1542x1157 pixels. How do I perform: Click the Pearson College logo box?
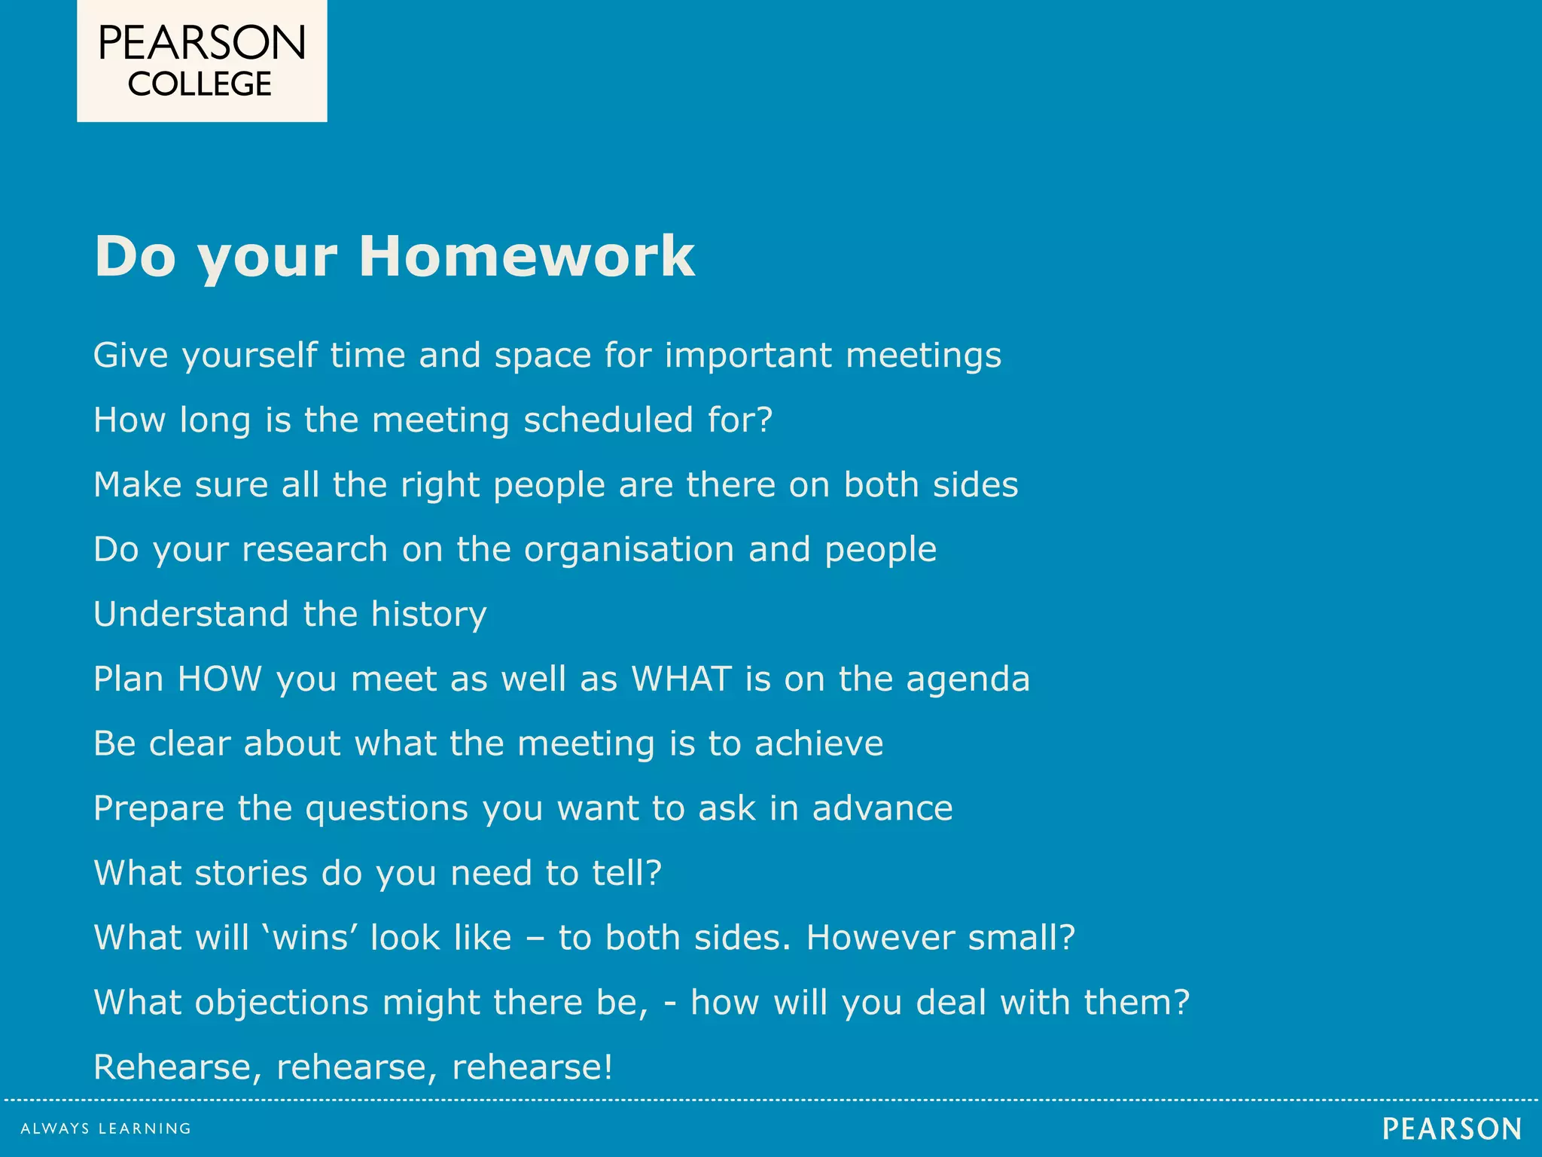click(202, 61)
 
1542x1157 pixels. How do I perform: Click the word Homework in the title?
click(526, 257)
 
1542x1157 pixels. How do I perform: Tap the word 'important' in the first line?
click(748, 356)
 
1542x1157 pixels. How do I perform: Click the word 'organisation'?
click(629, 549)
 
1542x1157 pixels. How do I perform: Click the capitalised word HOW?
click(219, 679)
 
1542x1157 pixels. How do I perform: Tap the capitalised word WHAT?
click(681, 679)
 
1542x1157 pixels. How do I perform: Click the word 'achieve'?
click(818, 743)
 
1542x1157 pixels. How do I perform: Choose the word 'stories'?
click(251, 873)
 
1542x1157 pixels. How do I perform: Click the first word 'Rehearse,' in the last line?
click(178, 1067)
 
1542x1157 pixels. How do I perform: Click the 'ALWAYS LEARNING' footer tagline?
click(105, 1128)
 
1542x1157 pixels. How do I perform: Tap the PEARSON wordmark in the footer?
click(1452, 1128)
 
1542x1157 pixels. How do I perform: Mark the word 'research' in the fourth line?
click(315, 550)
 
